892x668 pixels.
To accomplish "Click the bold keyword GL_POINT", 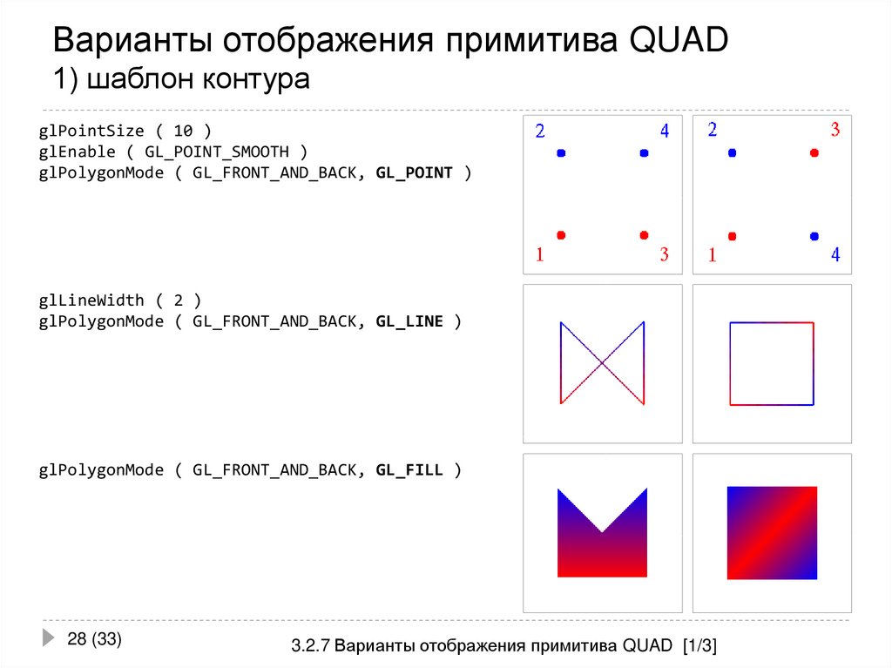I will pos(414,172).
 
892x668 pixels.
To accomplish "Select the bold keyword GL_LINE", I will pos(409,321).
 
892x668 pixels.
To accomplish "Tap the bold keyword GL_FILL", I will pos(409,470).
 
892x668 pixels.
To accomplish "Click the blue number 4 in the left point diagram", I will pos(665,132).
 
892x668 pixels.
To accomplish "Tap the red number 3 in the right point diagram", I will pos(835,131).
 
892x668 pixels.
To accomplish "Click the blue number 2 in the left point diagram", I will pos(540,132).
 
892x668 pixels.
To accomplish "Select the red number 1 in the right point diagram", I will pos(713,255).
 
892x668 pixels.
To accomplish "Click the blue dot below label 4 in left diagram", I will pos(644,153).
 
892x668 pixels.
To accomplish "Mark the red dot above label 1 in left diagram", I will pos(561,235).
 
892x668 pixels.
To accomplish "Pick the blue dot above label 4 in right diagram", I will pos(814,235).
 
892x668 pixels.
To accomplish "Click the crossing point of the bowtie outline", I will pos(602,363).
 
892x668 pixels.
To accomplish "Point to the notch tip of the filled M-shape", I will pos(602,531).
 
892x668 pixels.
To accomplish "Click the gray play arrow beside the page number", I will pos(48,638).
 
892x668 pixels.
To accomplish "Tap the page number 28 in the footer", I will pos(77,639).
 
